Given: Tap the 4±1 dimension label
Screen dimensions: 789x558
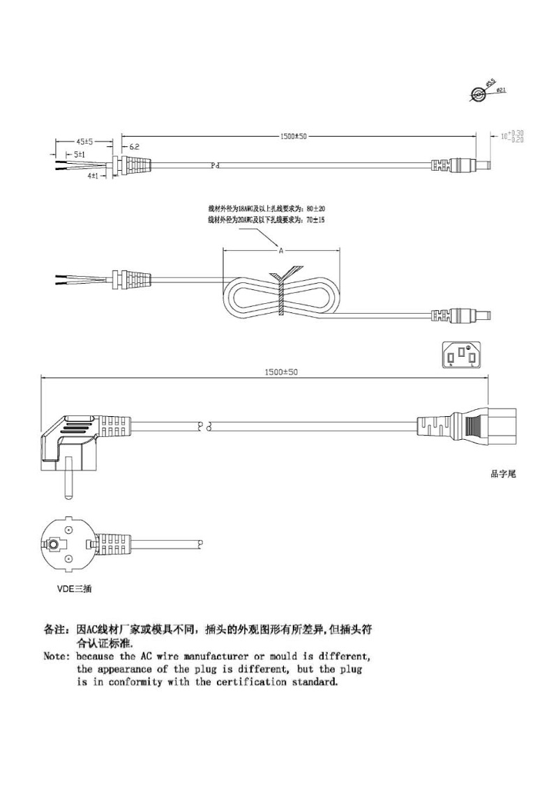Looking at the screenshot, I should pos(93,176).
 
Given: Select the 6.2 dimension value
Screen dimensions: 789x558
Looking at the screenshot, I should pos(135,147).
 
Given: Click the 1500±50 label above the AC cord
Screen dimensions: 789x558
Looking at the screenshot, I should pos(281,372).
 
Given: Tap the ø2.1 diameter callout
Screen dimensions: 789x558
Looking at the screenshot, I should pos(501,91).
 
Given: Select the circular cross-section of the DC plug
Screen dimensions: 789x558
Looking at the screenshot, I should pos(480,95).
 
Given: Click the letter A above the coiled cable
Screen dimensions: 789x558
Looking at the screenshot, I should pos(281,250).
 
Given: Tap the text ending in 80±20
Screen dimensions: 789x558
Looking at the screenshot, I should pos(266,208).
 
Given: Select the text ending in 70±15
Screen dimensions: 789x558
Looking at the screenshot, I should pos(266,220).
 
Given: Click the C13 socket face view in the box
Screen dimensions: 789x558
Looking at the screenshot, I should pos(462,355).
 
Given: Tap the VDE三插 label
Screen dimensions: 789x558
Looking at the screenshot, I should pos(74,588).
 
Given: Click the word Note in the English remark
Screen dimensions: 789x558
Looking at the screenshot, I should pos(56,657).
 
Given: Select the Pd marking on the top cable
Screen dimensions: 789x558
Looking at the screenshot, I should pos(215,166).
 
